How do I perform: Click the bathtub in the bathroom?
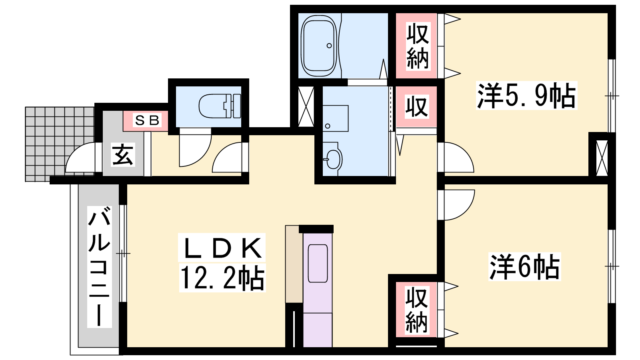pos(319,46)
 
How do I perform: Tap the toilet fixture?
pos(220,106)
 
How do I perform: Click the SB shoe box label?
pos(147,120)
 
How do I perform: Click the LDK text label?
pos(222,248)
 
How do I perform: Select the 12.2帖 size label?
pos(222,278)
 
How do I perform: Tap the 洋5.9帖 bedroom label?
pos(526,96)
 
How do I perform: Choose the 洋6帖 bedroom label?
pos(524,266)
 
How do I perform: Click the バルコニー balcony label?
pos(99,266)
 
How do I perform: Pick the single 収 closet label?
pos(416,106)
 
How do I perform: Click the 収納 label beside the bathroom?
pos(418,46)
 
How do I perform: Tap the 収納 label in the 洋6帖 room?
pos(416,310)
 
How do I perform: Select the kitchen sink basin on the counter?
pos(318,264)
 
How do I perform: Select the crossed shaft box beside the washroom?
pos(306,107)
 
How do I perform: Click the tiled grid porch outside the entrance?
pos(60,144)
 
